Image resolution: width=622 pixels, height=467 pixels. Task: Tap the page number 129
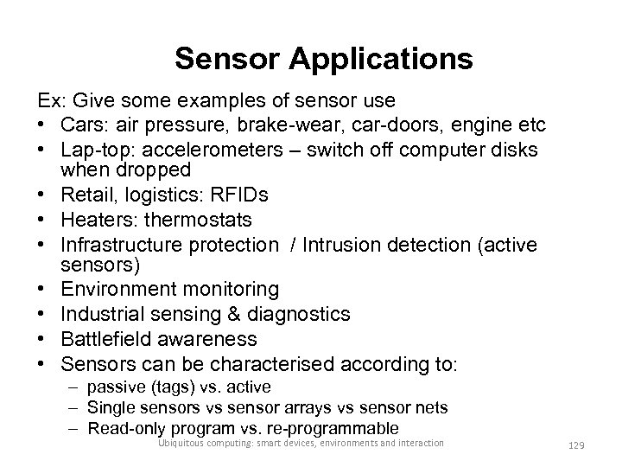tap(574, 445)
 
